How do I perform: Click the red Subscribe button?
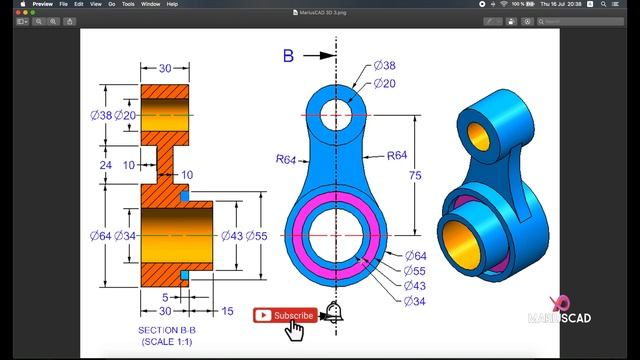tap(284, 316)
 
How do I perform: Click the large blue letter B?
tap(288, 56)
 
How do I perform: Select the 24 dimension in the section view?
tap(106, 164)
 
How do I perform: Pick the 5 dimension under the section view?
tap(165, 296)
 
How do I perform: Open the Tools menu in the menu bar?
tap(129, 4)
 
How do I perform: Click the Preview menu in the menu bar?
tap(43, 4)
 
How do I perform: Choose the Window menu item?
tap(150, 4)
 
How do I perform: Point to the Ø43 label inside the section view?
tap(230, 236)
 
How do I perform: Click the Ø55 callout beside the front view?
tap(414, 271)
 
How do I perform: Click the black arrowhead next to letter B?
tap(326, 56)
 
